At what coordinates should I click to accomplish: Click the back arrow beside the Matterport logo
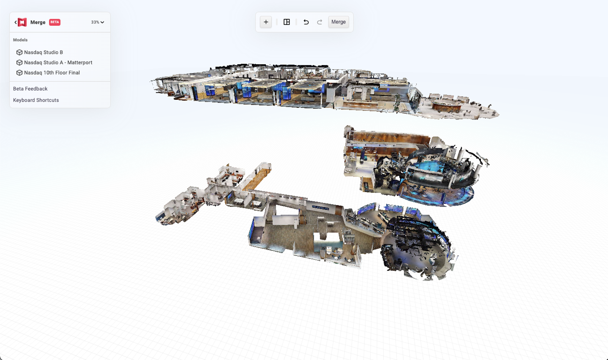pos(15,22)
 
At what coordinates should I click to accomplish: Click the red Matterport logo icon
pos(22,22)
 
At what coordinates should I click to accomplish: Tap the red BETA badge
pos(55,22)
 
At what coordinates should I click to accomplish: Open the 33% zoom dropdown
pos(98,22)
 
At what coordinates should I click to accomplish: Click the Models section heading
pos(20,40)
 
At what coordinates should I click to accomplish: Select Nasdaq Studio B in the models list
pos(43,52)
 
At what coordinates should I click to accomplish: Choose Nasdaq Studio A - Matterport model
pos(58,62)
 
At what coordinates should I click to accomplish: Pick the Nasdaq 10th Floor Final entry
pos(52,73)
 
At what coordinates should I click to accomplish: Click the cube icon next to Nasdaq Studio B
pos(19,52)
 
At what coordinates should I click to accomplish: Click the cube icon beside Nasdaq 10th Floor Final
pos(19,73)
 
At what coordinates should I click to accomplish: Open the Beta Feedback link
pos(30,89)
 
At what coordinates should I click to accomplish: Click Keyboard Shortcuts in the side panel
pos(36,100)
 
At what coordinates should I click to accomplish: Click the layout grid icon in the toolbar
pos(287,22)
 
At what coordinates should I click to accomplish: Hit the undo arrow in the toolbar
pos(306,22)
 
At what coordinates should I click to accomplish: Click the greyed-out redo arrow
pos(319,22)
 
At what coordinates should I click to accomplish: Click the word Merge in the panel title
pos(38,22)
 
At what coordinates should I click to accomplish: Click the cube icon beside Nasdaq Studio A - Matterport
pos(19,62)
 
